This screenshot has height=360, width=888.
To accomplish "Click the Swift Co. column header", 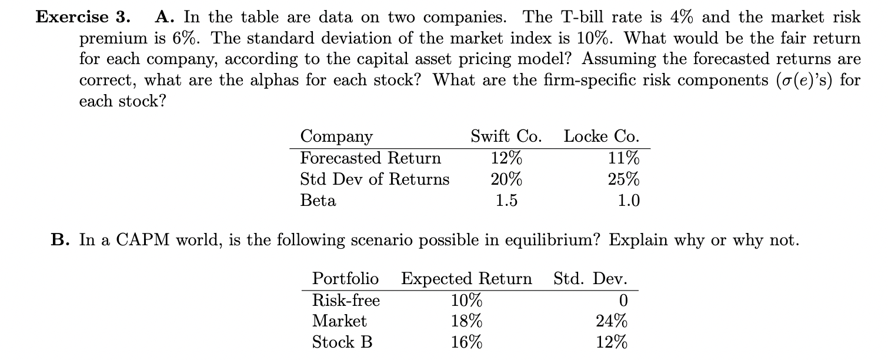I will pyautogui.click(x=506, y=136).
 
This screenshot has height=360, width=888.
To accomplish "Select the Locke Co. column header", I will pyautogui.click(x=602, y=136).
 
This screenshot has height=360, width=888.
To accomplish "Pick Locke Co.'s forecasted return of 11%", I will pyautogui.click(x=625, y=158).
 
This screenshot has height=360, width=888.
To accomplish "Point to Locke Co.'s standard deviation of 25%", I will pyautogui.click(x=625, y=179).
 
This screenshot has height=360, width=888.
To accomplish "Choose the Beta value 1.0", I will pyautogui.click(x=629, y=201).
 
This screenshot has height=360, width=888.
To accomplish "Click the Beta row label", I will pyautogui.click(x=318, y=201).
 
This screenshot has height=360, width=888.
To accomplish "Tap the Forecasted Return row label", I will pyautogui.click(x=370, y=158).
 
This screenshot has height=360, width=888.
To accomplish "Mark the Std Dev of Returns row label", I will pyautogui.click(x=375, y=179).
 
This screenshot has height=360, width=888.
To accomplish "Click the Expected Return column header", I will pyautogui.click(x=466, y=278).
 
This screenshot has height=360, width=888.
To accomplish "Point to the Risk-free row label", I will pyautogui.click(x=346, y=300).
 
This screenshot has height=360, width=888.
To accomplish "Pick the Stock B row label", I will pyautogui.click(x=342, y=342).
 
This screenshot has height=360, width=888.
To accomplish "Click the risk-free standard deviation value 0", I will pyautogui.click(x=623, y=300).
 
